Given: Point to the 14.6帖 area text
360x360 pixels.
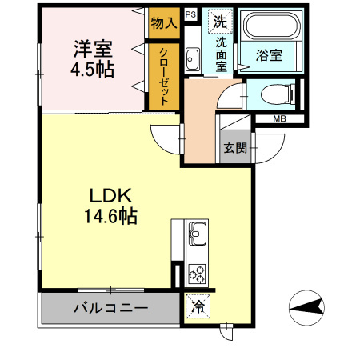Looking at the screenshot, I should (x=106, y=216).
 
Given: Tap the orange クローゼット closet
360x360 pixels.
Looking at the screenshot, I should (x=163, y=74).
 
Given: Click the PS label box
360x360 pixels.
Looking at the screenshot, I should (x=190, y=14).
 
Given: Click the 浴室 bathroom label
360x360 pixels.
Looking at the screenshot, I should (x=268, y=55).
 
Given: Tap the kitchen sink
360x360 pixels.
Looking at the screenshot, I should (x=197, y=237).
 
